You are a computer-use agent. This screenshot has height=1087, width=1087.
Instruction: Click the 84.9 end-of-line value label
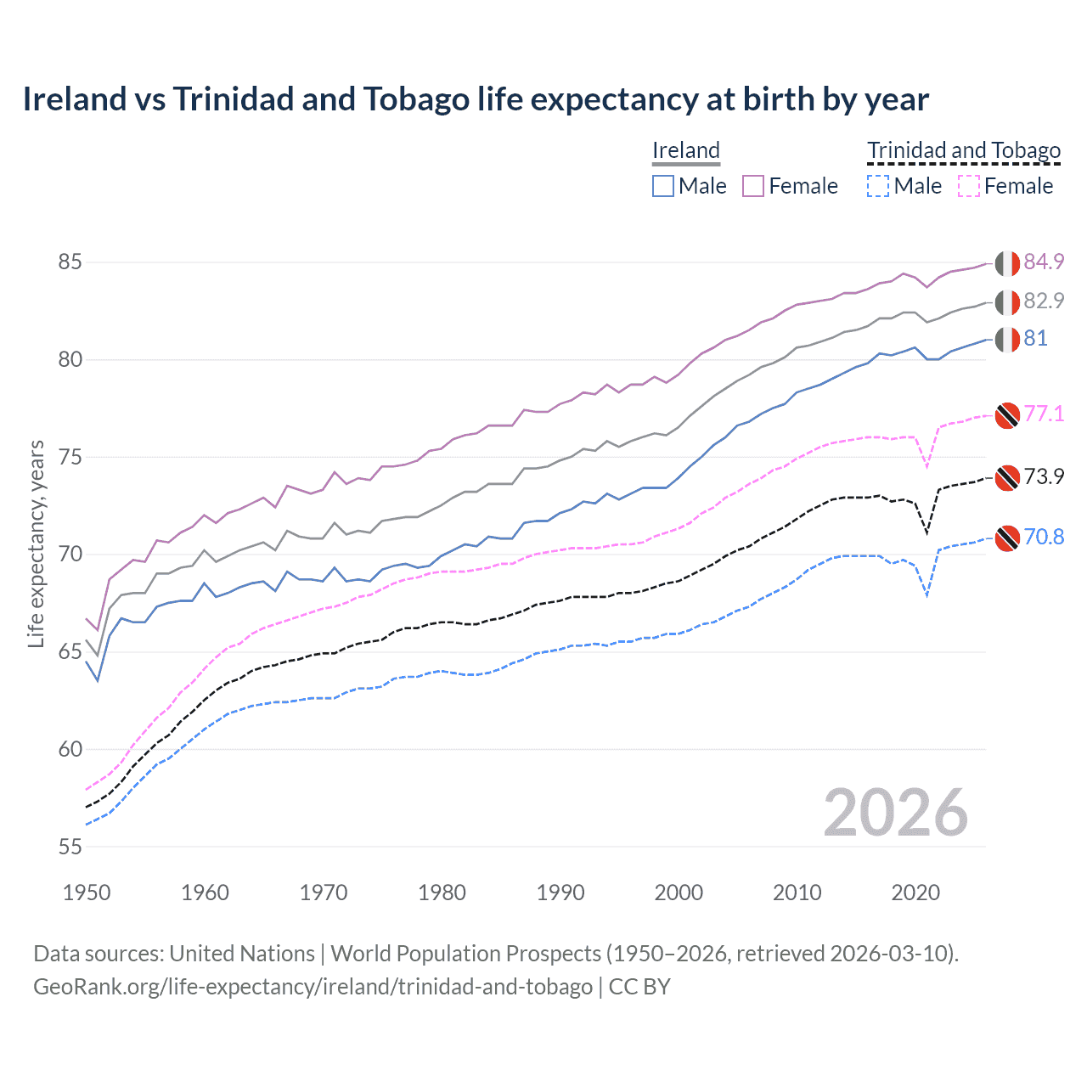click(x=1044, y=262)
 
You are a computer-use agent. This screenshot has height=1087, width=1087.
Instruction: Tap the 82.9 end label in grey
click(x=1044, y=301)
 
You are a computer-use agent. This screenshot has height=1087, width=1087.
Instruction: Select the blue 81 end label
click(x=1035, y=339)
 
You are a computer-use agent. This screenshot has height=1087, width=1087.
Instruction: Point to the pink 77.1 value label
click(x=1044, y=414)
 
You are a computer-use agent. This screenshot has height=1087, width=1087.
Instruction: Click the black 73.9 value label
click(x=1044, y=476)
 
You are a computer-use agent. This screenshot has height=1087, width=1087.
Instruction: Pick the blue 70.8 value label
click(x=1044, y=537)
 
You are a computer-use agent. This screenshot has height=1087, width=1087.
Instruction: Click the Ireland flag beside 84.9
click(x=1007, y=263)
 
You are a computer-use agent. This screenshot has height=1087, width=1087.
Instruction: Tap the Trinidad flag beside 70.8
click(x=1007, y=538)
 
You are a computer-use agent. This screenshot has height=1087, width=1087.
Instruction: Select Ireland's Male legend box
click(x=663, y=186)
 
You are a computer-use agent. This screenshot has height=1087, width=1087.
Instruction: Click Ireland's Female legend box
click(x=753, y=186)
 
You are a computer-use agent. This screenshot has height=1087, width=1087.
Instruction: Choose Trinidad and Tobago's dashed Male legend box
click(x=878, y=186)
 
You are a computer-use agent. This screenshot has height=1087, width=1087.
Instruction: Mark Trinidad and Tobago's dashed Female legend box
click(x=969, y=186)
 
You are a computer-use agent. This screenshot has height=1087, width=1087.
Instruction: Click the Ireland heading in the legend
click(x=686, y=150)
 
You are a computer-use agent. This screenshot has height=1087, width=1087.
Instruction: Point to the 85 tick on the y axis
click(x=70, y=262)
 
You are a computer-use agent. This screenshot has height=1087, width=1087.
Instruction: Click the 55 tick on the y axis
click(x=70, y=847)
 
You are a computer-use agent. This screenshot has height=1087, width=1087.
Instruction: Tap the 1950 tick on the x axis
click(x=87, y=893)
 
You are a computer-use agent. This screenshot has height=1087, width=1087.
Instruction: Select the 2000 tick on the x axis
click(x=679, y=893)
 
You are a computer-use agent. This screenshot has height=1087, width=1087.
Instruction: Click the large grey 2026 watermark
click(x=896, y=813)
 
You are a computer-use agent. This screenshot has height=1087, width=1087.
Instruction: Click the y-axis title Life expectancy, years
click(x=37, y=543)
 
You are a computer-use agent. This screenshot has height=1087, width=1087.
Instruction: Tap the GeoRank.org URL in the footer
click(x=313, y=987)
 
